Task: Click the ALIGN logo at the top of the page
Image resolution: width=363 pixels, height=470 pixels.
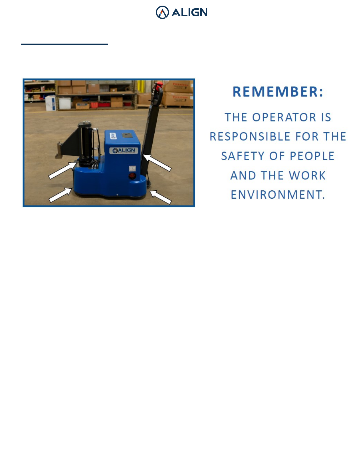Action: pyautogui.click(x=181, y=12)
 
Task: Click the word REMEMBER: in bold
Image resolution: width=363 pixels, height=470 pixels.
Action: pyautogui.click(x=278, y=92)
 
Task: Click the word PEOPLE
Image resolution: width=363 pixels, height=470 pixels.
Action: pyautogui.click(x=312, y=156)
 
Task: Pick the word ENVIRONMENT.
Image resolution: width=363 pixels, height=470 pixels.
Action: pyautogui.click(x=278, y=195)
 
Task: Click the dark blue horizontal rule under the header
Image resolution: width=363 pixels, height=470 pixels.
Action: pyautogui.click(x=64, y=44)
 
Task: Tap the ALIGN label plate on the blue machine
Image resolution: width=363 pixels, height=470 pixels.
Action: pyautogui.click(x=124, y=151)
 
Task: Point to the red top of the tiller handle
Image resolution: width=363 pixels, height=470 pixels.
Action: pyautogui.click(x=159, y=84)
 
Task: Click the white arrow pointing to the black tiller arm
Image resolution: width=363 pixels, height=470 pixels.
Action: pyautogui.click(x=157, y=163)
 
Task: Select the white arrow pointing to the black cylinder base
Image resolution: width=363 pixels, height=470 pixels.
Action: pyautogui.click(x=63, y=171)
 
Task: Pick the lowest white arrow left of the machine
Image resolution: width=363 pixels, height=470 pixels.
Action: pyautogui.click(x=60, y=195)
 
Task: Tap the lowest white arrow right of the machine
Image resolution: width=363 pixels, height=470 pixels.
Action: pyautogui.click(x=161, y=197)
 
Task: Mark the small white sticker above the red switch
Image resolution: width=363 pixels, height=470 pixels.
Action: pyautogui.click(x=132, y=168)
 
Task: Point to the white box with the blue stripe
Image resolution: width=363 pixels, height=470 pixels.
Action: pyautogui.click(x=51, y=103)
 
